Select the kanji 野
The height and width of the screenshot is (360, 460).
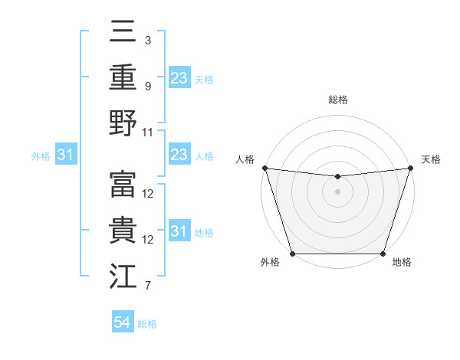pos(123,122)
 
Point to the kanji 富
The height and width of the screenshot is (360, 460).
pos(123,184)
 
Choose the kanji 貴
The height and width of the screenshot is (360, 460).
pos(123,230)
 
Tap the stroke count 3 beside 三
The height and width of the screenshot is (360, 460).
pos(148,40)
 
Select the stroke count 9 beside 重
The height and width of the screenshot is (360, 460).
pos(148,86)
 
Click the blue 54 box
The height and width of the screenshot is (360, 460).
pos(123,322)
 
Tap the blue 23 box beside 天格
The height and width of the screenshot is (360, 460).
pos(179,78)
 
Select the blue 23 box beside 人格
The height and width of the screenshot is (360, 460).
pos(179,155)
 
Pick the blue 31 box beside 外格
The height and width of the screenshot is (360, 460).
pos(65,155)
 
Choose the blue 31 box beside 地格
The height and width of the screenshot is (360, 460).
pos(179,232)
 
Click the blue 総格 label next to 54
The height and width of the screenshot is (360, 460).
pos(147,324)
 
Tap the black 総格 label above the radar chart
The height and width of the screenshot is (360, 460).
pos(338,100)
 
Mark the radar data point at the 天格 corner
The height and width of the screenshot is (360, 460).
pos(411,168)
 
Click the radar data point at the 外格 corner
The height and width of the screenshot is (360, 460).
pos(293,254)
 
